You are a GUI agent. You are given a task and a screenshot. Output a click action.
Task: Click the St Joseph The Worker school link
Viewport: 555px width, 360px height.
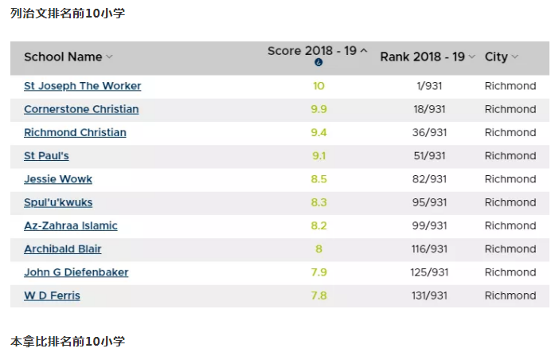[82, 86]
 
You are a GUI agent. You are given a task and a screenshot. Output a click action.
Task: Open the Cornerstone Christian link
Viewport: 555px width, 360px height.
[81, 109]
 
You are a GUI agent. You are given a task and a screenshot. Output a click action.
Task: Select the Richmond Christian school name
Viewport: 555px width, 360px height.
[75, 132]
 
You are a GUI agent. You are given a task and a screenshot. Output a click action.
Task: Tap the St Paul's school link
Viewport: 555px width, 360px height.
[46, 156]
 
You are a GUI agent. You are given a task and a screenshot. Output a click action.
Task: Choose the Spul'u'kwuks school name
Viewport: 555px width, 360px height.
[58, 202]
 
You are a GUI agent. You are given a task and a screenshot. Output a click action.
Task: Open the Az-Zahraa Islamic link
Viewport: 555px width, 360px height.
[71, 225]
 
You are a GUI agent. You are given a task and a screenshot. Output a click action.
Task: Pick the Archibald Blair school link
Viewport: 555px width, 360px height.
[63, 249]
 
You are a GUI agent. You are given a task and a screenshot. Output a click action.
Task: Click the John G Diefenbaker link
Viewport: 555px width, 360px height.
[76, 272]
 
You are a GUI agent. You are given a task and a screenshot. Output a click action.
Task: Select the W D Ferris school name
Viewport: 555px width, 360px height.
[52, 296]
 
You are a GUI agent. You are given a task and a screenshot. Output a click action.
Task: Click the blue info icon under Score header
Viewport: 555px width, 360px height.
[319, 63]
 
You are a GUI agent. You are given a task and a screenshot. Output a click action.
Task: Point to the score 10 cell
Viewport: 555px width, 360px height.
[319, 86]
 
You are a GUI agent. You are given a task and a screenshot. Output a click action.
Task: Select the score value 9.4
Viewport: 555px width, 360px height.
[319, 132]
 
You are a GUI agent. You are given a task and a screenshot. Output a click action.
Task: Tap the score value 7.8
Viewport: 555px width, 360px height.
[319, 296]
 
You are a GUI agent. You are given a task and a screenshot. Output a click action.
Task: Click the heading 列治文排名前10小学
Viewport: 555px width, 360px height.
[68, 14]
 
